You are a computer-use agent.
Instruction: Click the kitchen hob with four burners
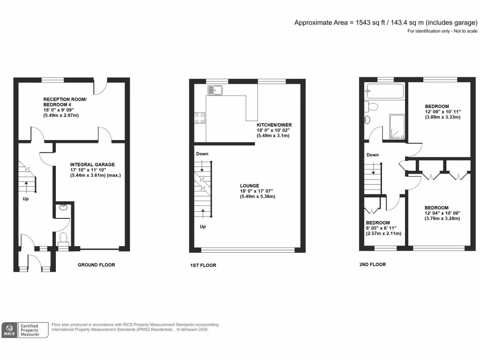click(199, 118)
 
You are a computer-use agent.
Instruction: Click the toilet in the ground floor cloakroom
click(63, 238)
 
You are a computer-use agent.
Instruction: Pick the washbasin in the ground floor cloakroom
click(63, 208)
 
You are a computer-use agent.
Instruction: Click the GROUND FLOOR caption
click(96, 265)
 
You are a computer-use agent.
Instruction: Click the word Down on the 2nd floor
click(373, 155)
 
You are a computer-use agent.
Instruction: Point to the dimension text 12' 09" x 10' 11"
click(443, 112)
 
